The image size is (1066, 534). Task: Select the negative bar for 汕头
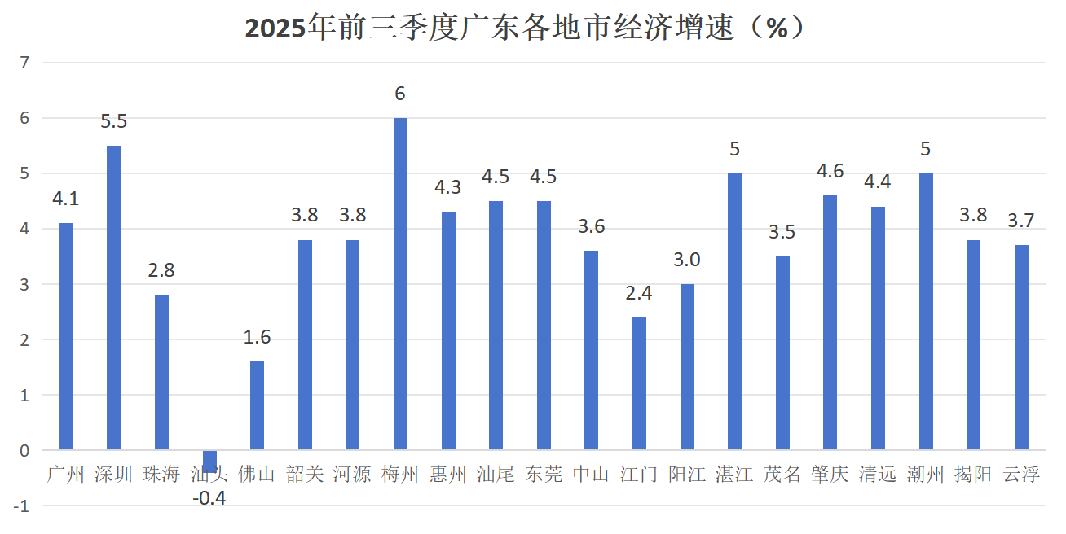[x=209, y=461]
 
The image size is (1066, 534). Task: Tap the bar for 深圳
[x=114, y=297]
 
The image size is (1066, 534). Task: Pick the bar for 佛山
[x=257, y=405]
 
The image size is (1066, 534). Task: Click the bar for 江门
[x=639, y=383]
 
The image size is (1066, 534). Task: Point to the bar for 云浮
[x=1021, y=347]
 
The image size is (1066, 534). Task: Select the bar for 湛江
[x=734, y=311]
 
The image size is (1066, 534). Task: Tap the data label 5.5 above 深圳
[x=114, y=122]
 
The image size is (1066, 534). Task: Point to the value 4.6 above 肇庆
[x=830, y=172]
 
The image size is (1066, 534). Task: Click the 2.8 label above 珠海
[x=161, y=271]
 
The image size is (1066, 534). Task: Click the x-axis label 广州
[x=66, y=475]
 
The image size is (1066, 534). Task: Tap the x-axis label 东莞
[x=544, y=475]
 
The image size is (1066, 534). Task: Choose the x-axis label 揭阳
[x=973, y=475]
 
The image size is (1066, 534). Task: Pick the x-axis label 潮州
[x=926, y=475]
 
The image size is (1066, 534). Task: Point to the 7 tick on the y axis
[x=24, y=63]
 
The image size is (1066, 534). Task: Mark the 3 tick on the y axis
[x=24, y=284]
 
